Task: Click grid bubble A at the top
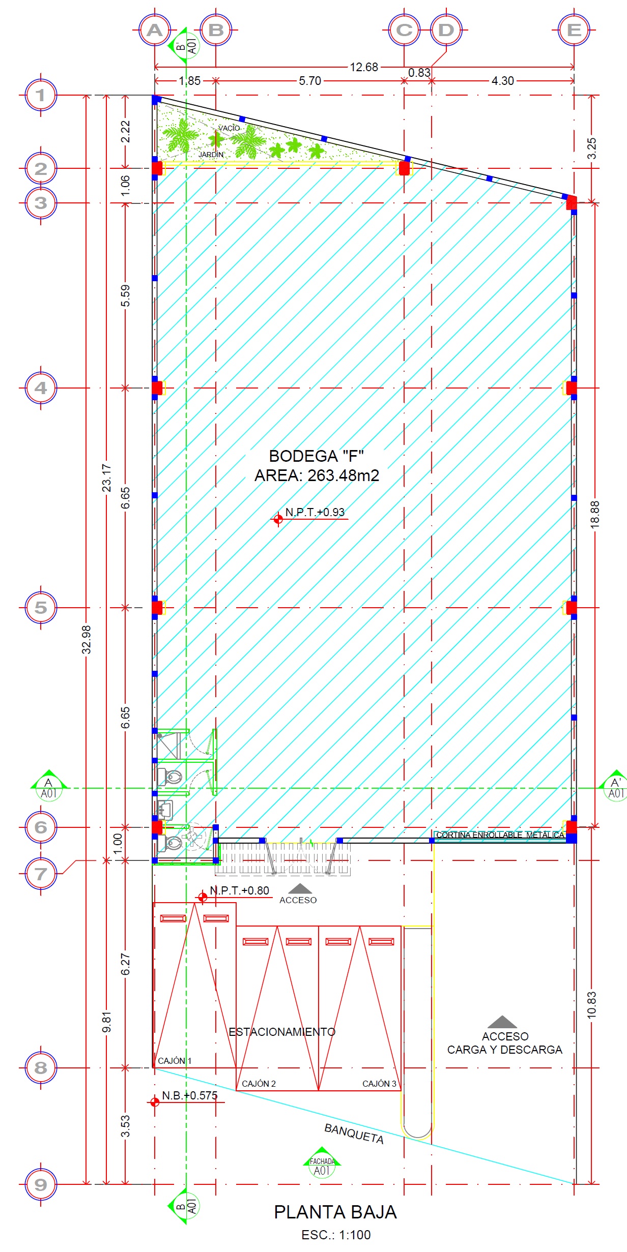pos(155,30)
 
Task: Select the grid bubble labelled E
pos(574,30)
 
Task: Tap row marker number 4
pos(41,388)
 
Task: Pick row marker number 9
pos(41,1184)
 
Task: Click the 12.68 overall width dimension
pos(364,67)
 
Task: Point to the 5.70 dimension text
pos(310,81)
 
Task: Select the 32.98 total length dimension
pos(87,639)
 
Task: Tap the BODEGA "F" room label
pos(316,456)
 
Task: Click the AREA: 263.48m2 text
pos(317,475)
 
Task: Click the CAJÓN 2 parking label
pos(259,1084)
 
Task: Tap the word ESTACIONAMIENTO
pos(282,1032)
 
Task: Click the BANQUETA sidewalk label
pos(354,1134)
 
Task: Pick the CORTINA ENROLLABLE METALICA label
pos(500,835)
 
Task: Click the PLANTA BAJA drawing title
pos(335,1212)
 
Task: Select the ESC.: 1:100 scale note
pos(336,1235)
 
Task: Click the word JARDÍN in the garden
pos(211,154)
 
